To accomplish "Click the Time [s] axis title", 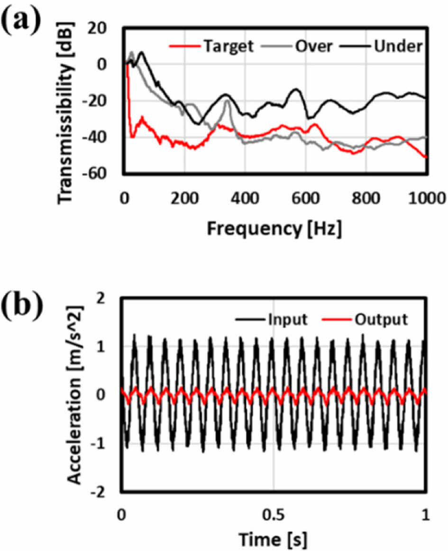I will point(274,538).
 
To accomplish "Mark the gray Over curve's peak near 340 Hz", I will point(227,101).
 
